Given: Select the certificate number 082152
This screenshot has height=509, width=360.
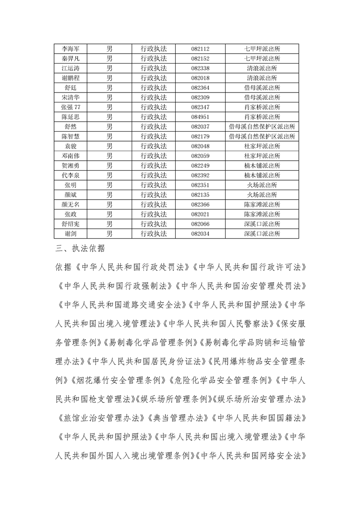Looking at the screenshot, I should point(200,59).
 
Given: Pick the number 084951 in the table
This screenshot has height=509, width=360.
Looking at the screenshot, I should point(200,117).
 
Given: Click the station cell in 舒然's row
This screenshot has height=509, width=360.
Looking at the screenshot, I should point(262,127).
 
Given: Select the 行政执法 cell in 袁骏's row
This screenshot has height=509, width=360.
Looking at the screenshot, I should point(153,146).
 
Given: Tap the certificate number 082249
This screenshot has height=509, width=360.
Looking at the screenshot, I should point(200,166).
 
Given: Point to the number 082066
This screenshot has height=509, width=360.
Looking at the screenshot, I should point(200,224).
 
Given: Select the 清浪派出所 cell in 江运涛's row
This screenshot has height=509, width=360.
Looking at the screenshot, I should point(262,68).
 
